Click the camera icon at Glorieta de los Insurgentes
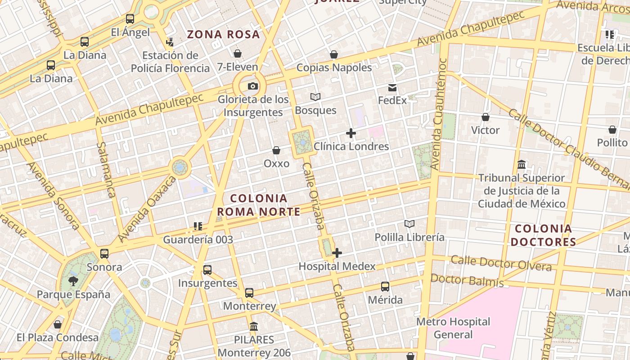253,86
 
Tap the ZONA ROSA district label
223,34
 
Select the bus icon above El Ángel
130,19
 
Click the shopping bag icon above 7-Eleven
238,54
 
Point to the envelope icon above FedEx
392,87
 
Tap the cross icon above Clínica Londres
351,133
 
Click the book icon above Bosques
315,97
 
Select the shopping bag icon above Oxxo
276,150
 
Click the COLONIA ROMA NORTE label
259,205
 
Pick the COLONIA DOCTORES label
543,235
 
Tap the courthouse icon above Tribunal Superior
522,164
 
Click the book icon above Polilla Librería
409,224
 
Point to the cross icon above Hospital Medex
337,253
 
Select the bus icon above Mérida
385,287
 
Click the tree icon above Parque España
73,281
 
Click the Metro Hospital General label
453,328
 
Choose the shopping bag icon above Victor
485,117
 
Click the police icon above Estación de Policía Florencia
170,42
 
